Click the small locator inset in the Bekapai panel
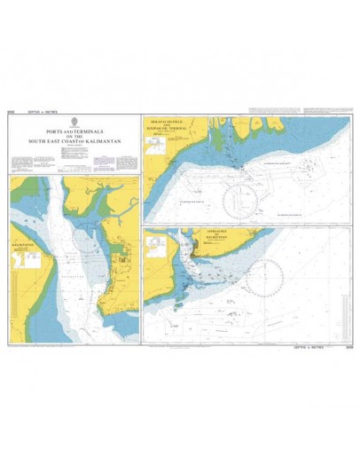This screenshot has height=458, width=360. click(x=157, y=157)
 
